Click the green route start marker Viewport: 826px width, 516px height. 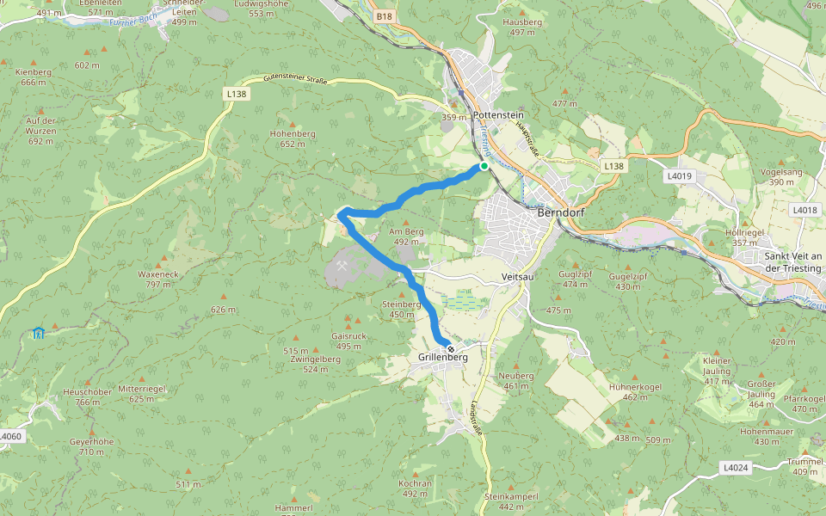point(484,166)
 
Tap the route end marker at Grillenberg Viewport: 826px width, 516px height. point(450,347)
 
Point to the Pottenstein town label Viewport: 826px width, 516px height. point(498,115)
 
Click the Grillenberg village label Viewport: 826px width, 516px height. point(442,357)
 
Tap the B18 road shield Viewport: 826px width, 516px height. point(384,16)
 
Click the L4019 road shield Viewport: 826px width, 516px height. point(679,175)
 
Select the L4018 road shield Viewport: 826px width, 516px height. point(805,209)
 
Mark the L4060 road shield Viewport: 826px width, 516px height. point(9,437)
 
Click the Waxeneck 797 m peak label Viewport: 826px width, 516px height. point(157,279)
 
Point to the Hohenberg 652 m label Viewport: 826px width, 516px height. point(293,138)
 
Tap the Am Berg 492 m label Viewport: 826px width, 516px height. point(407,236)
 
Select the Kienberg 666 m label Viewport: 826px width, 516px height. point(34,77)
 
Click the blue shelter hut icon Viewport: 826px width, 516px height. point(38,333)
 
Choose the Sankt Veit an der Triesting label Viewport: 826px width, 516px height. point(793,262)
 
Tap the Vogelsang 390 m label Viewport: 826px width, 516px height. point(781,176)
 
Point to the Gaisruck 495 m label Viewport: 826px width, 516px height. point(348,341)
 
